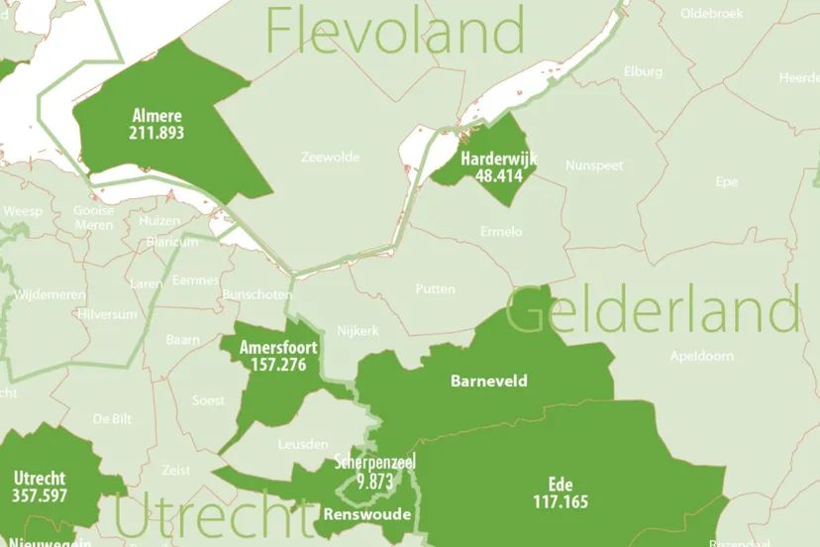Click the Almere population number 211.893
(x=156, y=132)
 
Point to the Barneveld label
(x=489, y=381)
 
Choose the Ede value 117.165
(x=560, y=501)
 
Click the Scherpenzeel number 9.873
(x=375, y=482)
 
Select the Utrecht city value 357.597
(x=41, y=494)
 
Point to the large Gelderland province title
(x=652, y=310)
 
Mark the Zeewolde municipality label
(x=330, y=157)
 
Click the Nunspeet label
(x=594, y=165)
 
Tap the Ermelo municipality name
(x=500, y=231)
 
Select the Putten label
(x=436, y=289)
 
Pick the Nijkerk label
(x=359, y=331)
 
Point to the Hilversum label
(x=102, y=313)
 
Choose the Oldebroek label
(x=712, y=13)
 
